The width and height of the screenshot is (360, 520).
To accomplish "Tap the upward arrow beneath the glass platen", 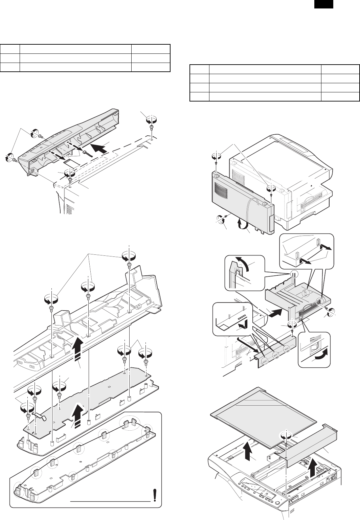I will (x=247, y=456).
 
